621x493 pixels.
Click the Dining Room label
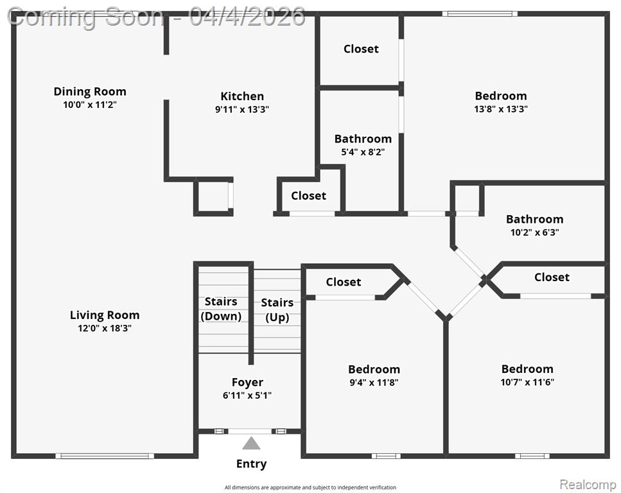pos(90,91)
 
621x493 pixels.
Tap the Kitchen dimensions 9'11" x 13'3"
pos(242,109)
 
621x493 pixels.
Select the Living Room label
pos(105,315)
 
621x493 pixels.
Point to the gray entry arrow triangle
pos(251,443)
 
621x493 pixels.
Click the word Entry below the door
pos(251,463)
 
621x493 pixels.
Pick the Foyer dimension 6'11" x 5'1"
pos(247,395)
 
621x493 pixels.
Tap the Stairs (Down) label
pos(221,309)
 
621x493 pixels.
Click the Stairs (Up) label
pos(277,310)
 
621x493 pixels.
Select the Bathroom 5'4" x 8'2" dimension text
pos(363,152)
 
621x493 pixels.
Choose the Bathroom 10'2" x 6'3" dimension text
pos(535,232)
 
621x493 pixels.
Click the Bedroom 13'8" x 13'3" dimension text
pos(501,109)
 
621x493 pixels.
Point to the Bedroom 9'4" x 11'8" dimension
pos(374,383)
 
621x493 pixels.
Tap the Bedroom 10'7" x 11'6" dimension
pos(527,382)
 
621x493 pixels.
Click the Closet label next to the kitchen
pos(308,196)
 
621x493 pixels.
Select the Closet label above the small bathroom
pos(361,49)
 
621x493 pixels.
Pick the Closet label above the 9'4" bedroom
pos(344,282)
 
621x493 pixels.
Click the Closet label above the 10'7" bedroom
pos(552,277)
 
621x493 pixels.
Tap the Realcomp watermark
pos(588,484)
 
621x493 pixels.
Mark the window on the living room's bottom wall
pos(105,456)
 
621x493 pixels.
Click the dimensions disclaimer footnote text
pos(311,487)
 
